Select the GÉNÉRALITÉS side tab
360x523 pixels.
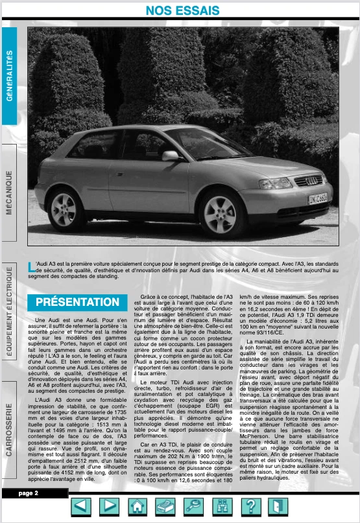point(10,76)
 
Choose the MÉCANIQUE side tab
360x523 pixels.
point(10,193)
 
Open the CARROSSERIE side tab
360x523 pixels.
point(10,430)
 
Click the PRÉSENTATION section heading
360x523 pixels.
point(77,302)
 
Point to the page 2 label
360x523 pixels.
point(28,493)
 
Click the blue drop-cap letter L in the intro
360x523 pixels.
point(31,265)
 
